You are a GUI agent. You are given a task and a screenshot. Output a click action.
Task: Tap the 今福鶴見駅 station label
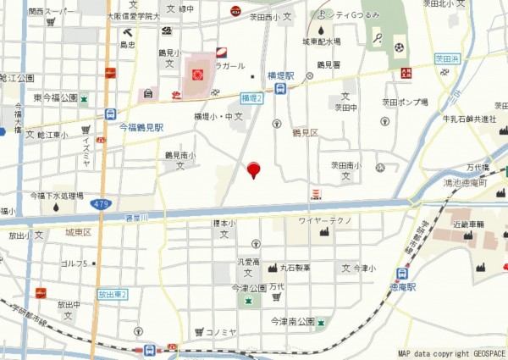click(141, 127)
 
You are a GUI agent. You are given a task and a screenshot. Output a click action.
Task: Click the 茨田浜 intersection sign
click(447, 59)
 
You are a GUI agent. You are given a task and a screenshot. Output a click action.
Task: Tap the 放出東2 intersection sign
click(111, 294)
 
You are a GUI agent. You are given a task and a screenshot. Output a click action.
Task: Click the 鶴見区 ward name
click(305, 133)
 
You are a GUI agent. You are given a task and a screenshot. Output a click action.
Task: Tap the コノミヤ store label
click(224, 331)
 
